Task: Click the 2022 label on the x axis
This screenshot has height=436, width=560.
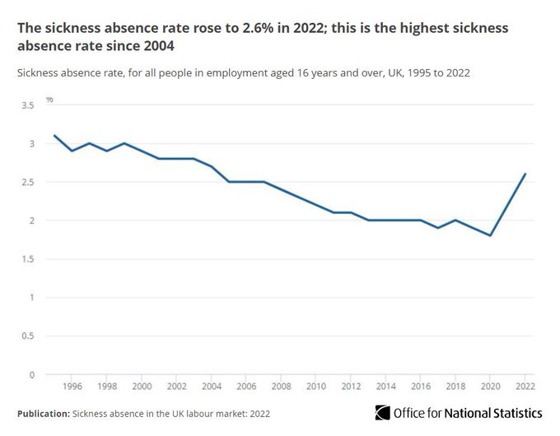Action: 525,386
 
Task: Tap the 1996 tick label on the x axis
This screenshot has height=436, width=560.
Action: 72,386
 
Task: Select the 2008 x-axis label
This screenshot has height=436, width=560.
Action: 280,386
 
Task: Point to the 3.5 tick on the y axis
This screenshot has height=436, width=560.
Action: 27,105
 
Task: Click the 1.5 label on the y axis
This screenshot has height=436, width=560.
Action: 27,259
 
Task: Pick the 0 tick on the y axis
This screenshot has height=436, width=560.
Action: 30,375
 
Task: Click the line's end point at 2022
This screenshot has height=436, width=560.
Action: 525,174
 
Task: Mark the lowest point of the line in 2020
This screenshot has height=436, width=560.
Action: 491,235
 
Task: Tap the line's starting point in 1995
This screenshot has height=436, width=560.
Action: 54,136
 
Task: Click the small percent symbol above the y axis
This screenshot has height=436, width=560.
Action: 49,100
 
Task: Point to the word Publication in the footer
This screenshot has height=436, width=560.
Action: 43,413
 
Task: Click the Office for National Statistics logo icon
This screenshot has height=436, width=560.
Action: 381,412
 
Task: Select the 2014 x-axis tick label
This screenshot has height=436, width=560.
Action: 385,386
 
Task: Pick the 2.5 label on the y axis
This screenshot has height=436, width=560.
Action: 27,183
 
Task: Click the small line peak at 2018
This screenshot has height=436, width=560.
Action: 456,220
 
